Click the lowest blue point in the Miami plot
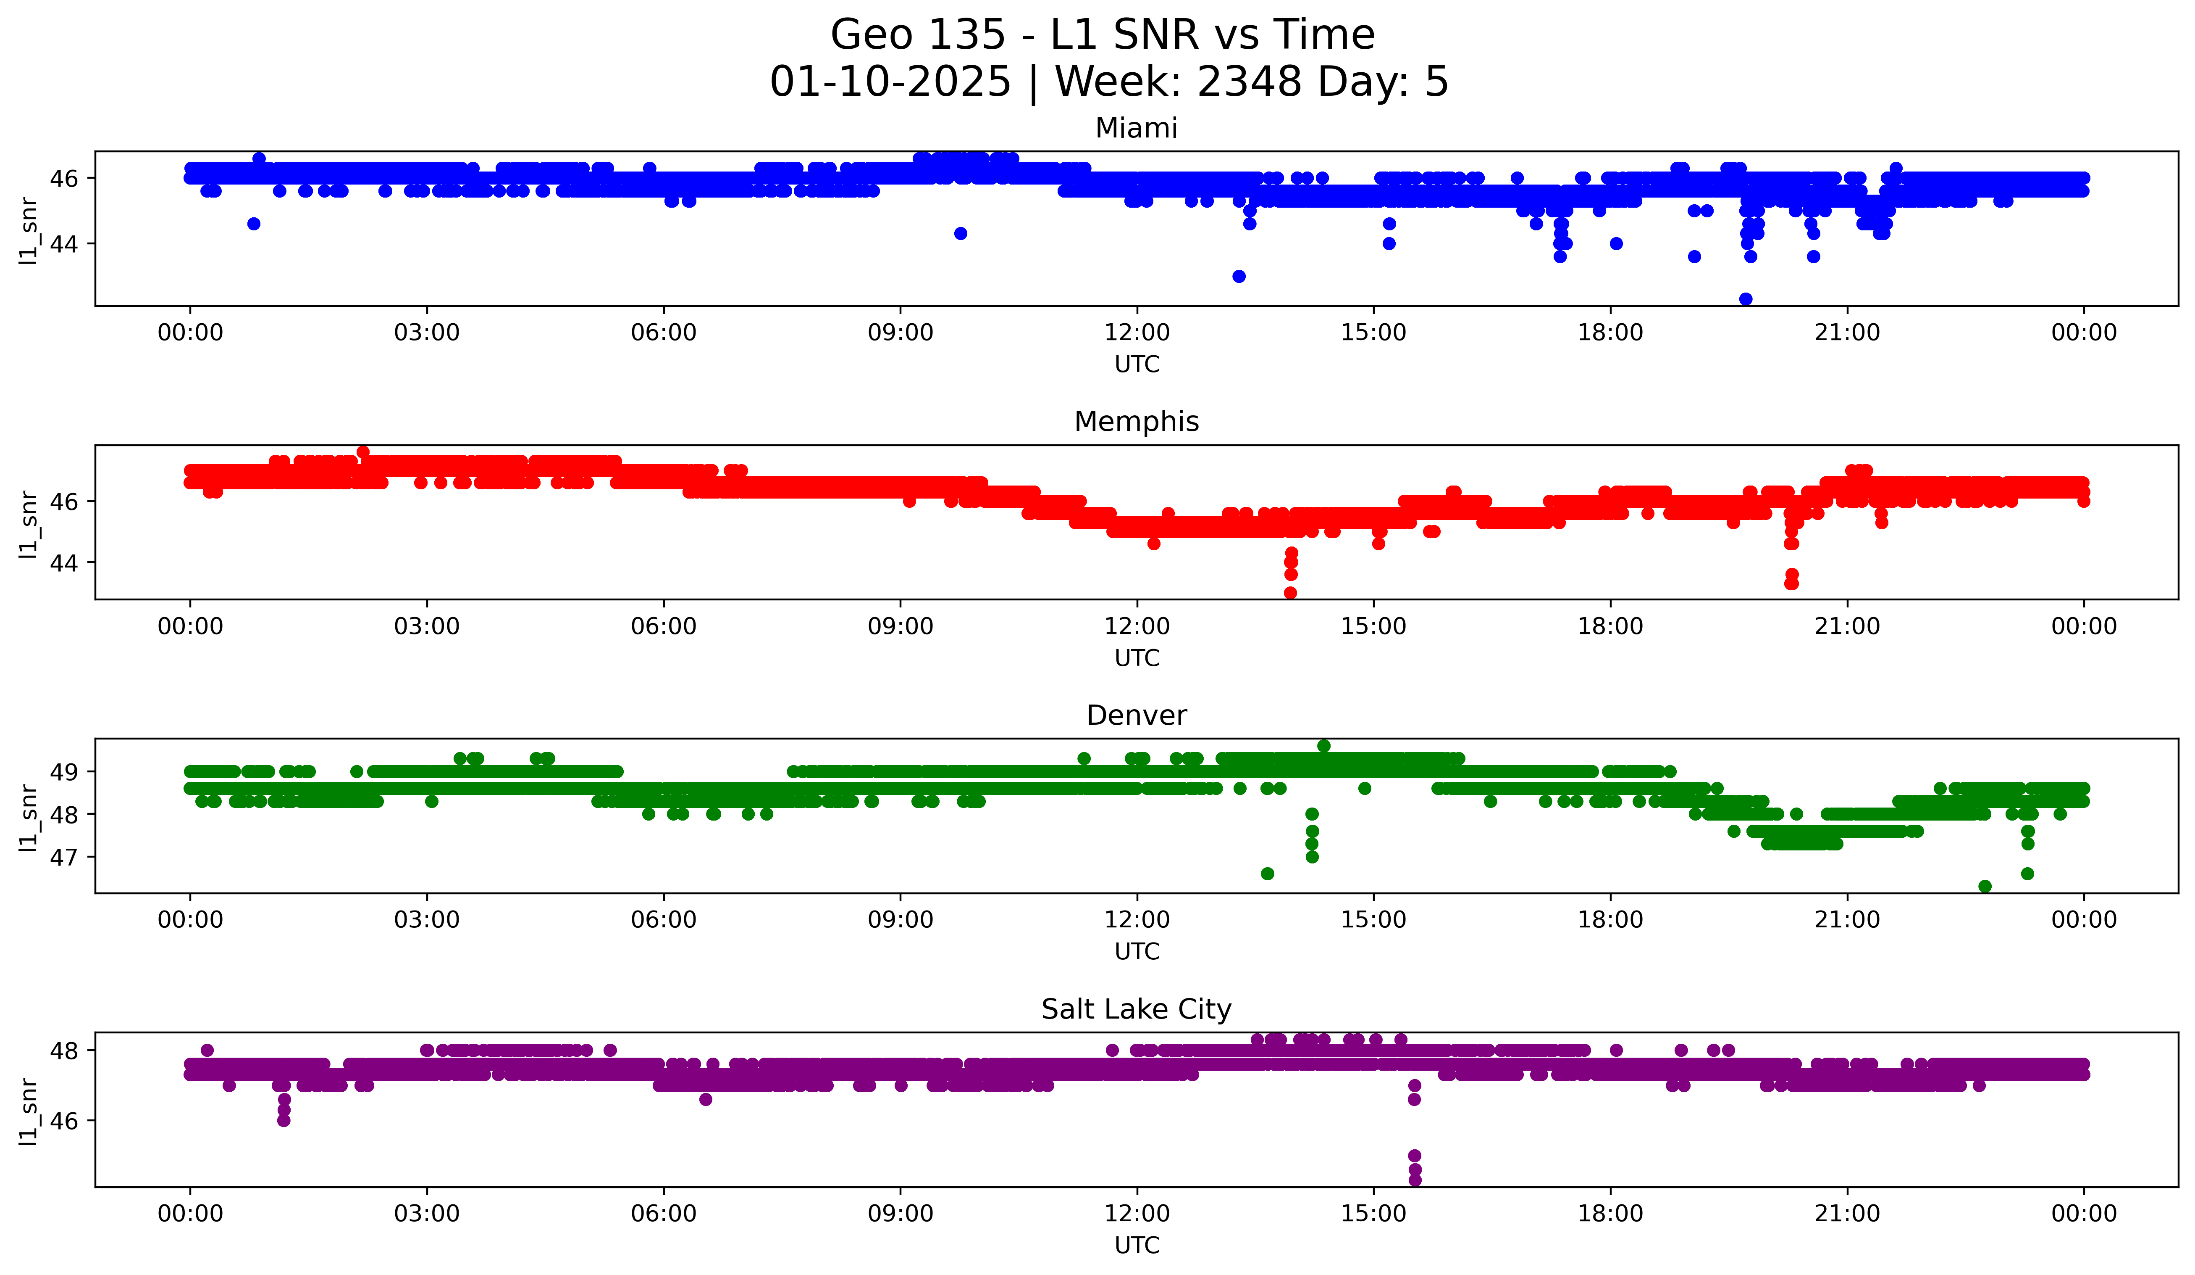coord(1746,299)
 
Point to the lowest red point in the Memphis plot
coord(1291,593)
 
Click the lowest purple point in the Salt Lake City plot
coord(1415,1180)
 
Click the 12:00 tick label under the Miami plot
coord(1137,333)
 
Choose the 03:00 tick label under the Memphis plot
coord(427,627)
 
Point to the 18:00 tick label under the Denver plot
coord(1610,920)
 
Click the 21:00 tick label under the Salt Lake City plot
coord(1848,1214)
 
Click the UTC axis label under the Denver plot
coord(1137,952)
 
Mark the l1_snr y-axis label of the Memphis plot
coord(29,523)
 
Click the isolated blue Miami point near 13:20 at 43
coord(1239,276)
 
